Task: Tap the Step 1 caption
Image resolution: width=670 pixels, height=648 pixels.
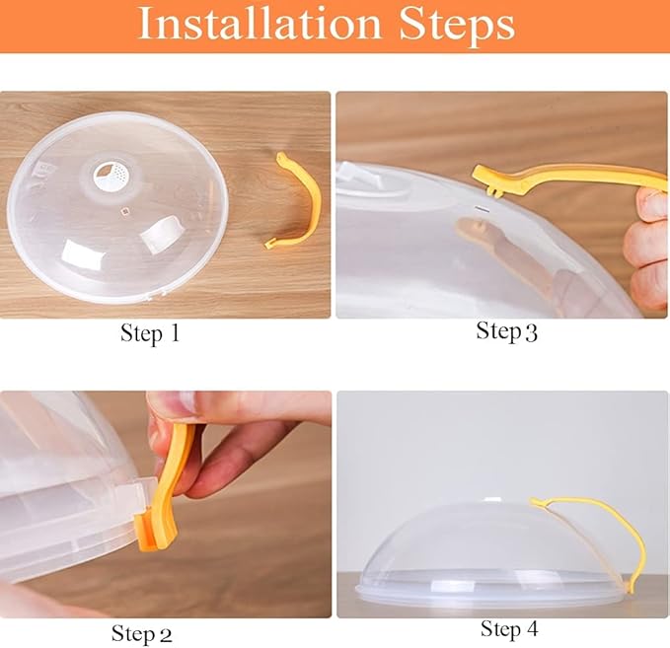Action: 150,333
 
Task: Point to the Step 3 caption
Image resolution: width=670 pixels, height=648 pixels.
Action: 507,331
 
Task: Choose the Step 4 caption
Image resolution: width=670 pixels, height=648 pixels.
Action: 510,628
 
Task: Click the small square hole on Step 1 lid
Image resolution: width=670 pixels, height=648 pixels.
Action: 124,211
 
